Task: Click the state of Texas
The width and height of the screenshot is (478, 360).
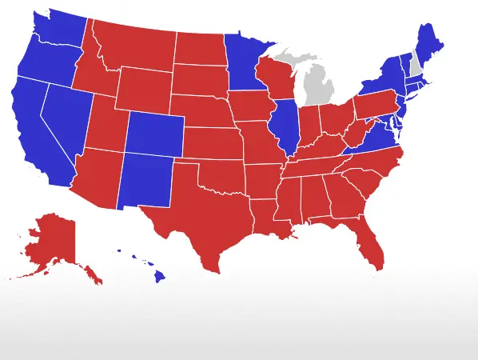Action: coord(200,216)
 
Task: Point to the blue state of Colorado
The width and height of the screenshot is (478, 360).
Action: coord(154,132)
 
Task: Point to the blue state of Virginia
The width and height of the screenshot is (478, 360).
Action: coord(372,142)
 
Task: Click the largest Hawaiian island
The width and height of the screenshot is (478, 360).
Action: coord(159,277)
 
